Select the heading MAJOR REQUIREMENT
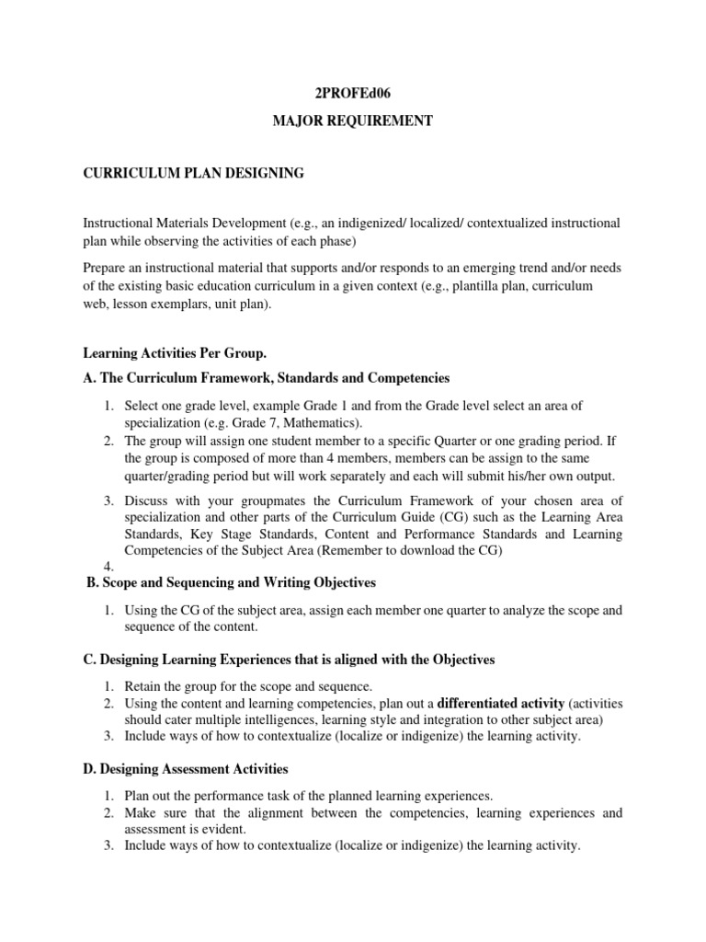353,121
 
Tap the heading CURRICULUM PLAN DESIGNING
193,172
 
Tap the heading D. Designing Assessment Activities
186,768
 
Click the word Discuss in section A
147,500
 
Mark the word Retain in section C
143,687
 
